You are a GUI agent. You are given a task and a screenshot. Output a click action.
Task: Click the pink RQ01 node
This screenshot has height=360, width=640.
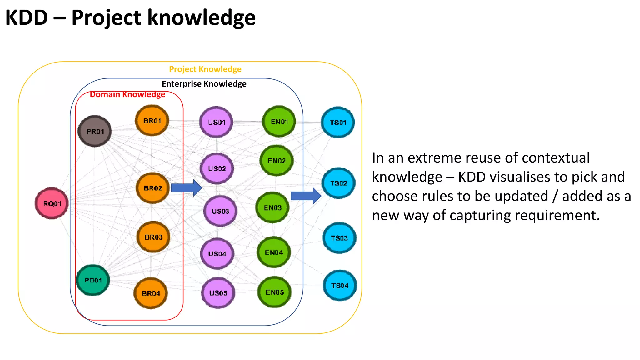(52, 203)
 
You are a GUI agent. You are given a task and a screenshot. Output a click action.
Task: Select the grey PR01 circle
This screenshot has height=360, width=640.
(95, 131)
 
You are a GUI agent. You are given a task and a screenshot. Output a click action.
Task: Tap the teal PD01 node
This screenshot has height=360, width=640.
(93, 280)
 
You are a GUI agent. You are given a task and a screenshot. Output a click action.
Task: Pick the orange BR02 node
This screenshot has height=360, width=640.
(153, 188)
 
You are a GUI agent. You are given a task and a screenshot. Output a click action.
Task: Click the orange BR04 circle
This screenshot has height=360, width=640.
(151, 293)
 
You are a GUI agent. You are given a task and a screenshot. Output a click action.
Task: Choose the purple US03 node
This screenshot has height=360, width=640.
(220, 211)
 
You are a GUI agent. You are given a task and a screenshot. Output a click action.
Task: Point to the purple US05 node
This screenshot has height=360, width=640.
(218, 293)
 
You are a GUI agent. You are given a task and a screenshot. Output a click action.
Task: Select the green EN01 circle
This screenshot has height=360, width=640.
(279, 122)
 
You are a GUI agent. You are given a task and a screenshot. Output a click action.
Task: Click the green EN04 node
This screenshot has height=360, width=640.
(274, 252)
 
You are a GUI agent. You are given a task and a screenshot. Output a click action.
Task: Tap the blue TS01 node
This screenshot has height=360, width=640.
(338, 122)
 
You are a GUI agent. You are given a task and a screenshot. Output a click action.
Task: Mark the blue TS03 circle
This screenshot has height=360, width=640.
(339, 238)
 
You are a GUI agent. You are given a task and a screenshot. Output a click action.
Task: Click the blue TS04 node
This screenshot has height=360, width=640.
(340, 286)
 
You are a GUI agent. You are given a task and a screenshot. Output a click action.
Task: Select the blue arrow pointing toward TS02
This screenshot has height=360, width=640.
(306, 196)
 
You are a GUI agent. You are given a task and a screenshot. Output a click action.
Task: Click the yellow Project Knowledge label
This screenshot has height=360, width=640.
(205, 69)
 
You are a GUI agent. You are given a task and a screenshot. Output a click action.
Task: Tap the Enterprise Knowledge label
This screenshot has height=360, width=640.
(204, 84)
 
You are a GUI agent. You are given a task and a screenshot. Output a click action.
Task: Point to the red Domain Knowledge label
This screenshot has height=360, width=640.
(127, 94)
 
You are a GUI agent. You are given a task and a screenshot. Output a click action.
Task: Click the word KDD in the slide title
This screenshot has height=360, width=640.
(27, 17)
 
